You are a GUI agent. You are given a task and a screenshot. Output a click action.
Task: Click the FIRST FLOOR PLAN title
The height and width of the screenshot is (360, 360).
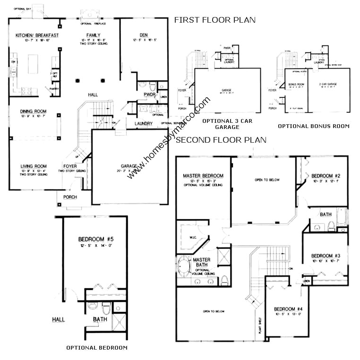pyautogui.click(x=214, y=20)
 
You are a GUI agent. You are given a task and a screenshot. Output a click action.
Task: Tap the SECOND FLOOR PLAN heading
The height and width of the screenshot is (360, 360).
pyautogui.click(x=221, y=140)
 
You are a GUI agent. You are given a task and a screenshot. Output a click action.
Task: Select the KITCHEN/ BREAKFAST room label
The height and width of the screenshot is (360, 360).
pyautogui.click(x=37, y=35)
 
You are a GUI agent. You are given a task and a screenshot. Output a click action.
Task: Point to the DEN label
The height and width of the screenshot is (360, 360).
pyautogui.click(x=144, y=34)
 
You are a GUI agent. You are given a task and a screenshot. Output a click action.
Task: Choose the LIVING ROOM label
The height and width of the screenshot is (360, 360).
pyautogui.click(x=33, y=166)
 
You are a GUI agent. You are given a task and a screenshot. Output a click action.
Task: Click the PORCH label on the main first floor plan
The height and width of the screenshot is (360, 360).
pyautogui.click(x=69, y=197)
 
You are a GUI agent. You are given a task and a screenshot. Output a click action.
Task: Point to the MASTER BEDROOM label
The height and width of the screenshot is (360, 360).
pyautogui.click(x=203, y=176)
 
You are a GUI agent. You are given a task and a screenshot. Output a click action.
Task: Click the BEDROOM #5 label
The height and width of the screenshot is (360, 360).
pyautogui.click(x=96, y=239)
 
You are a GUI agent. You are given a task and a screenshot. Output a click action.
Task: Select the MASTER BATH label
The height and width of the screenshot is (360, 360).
pyautogui.click(x=202, y=263)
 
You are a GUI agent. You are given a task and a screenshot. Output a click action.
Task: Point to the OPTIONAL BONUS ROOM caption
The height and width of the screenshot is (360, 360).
pyautogui.click(x=313, y=126)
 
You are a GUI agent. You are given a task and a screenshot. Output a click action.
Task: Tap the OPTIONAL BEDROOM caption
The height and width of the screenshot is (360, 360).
pyautogui.click(x=96, y=347)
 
